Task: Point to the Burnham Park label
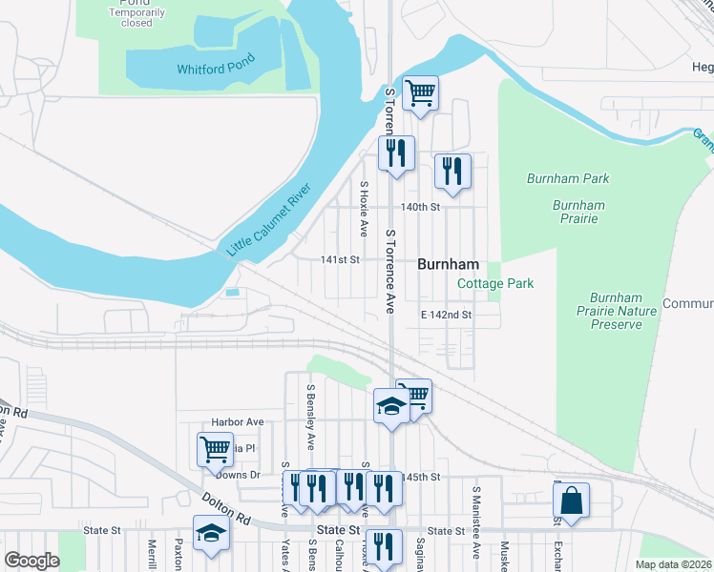tap(567, 178)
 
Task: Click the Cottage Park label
tap(495, 283)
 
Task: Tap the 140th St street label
tap(421, 207)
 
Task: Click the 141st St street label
tap(340, 259)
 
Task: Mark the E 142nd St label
tap(447, 314)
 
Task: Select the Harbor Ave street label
tap(237, 421)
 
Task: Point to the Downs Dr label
tap(238, 474)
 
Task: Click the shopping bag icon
tap(571, 500)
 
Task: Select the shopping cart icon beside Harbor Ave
tap(215, 447)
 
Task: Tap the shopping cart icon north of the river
tap(420, 92)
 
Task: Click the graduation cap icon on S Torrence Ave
tap(391, 406)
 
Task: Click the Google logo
tap(31, 560)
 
